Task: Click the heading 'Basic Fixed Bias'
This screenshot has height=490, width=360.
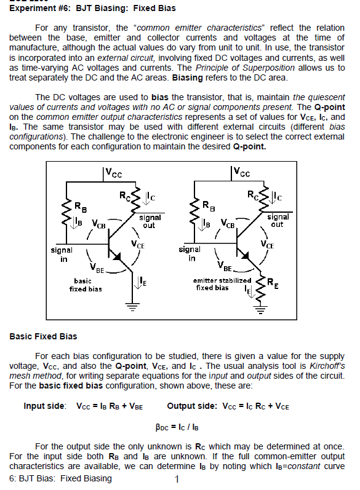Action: coord(43,336)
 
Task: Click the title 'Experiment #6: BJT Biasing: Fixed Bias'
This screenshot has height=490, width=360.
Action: coord(92,9)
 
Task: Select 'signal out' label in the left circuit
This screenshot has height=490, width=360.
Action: coord(150,221)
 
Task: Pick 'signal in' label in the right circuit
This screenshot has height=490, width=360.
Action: coord(190,253)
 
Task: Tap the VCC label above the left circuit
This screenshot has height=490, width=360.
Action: coord(113,174)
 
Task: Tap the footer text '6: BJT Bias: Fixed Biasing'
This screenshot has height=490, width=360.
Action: coord(61,479)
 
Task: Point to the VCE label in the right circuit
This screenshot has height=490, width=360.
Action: coord(267,244)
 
